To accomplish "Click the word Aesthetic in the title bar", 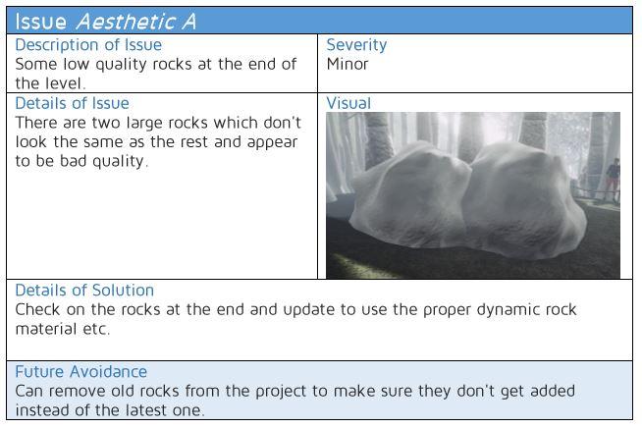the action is (126, 22).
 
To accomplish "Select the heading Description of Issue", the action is (88, 44).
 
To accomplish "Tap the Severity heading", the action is (356, 45).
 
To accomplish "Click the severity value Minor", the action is (348, 64).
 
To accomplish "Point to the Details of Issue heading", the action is (72, 103).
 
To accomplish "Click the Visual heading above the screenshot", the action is (348, 103).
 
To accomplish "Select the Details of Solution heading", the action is (84, 290).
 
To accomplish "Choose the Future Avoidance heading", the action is (81, 371).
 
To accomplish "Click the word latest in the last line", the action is (143, 410).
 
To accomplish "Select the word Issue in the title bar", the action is (41, 22).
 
